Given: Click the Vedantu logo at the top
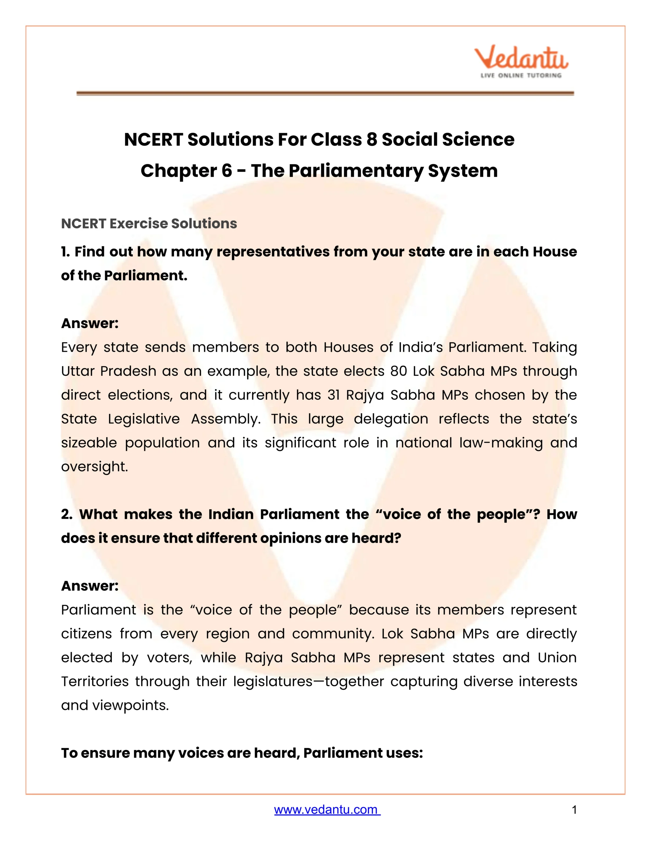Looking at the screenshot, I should click(x=521, y=62).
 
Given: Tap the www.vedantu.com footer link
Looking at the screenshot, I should click(x=327, y=809).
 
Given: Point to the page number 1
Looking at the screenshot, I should click(x=574, y=809).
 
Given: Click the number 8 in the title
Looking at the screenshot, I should click(x=371, y=139).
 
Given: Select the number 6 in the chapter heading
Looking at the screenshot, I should click(x=226, y=171).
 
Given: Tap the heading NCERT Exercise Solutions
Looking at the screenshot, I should click(x=149, y=224).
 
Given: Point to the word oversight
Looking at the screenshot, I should click(x=94, y=467).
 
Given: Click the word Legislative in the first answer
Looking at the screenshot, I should click(x=143, y=419).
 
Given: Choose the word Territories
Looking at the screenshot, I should click(x=94, y=681).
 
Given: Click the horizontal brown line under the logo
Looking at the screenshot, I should click(x=325, y=94).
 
